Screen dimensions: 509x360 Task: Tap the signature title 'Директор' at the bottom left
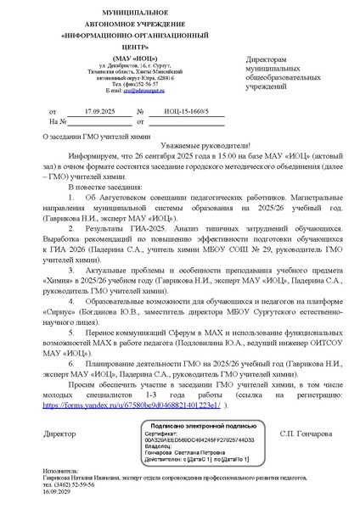(x=59, y=434)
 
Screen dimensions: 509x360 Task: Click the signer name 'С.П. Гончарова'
(x=307, y=434)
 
